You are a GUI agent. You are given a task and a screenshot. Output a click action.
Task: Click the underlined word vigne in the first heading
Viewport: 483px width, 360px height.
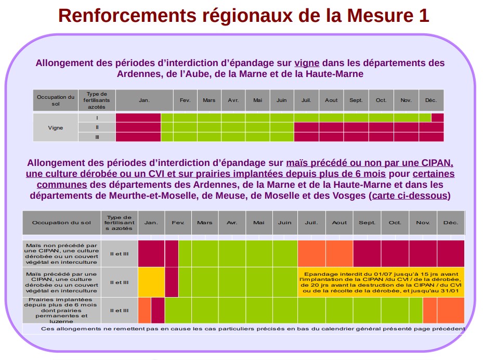tap(307, 63)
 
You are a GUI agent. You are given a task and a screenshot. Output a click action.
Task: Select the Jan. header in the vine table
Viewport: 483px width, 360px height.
tap(144, 100)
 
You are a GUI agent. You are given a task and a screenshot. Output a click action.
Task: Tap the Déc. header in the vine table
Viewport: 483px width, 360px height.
tap(431, 100)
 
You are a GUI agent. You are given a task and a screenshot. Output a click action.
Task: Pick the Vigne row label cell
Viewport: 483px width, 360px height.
tap(56, 127)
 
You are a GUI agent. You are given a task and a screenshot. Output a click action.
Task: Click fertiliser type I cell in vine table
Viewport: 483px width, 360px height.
tap(97, 118)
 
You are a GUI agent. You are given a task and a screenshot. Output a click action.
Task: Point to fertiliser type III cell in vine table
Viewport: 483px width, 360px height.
tap(97, 137)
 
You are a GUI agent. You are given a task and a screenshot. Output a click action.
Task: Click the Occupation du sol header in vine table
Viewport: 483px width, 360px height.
tap(56, 100)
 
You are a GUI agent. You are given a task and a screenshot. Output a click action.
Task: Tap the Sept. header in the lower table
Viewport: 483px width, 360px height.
tap(367, 223)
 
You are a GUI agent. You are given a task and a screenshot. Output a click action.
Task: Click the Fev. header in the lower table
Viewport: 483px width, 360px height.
tap(178, 223)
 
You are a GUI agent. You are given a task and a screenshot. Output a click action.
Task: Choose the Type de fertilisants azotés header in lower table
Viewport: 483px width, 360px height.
tap(119, 223)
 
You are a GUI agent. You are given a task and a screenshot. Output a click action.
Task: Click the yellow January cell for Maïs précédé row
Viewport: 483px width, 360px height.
tap(151, 282)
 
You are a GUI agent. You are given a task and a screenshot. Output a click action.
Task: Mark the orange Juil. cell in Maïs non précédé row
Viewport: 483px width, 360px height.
tap(311, 253)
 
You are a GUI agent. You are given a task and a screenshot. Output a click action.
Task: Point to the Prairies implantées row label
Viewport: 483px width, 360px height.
tap(61, 311)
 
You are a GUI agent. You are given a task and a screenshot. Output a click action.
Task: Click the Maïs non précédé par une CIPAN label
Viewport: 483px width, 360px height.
tap(61, 253)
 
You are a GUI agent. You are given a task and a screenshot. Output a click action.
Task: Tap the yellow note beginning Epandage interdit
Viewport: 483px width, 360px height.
tap(381, 282)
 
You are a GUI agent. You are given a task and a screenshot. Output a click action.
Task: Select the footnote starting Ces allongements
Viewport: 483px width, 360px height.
tap(252, 329)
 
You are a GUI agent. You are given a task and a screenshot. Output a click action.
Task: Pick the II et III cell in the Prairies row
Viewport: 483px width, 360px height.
tap(119, 311)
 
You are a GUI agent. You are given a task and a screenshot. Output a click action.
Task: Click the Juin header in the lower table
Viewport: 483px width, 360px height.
tap(284, 223)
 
